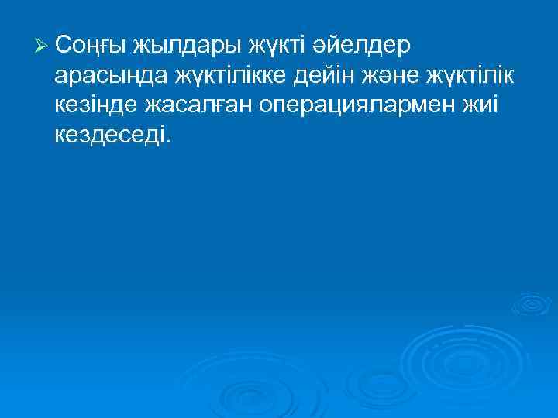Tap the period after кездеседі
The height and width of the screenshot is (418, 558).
tap(164, 142)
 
